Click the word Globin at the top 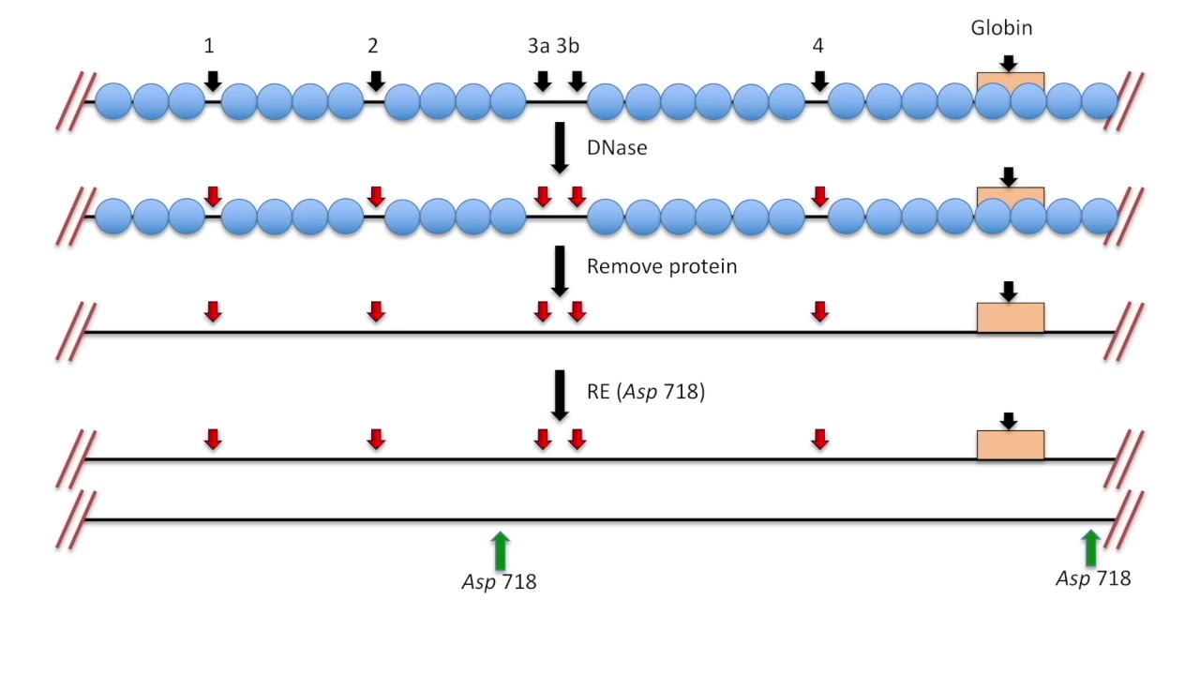1001,28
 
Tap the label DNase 617,148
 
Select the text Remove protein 662,266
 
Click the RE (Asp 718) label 646,393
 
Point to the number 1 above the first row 210,45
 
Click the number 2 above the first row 373,45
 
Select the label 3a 539,45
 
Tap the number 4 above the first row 818,45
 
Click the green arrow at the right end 1090,547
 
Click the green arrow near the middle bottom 500,549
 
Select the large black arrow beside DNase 560,147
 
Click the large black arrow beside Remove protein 560,271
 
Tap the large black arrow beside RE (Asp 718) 560,395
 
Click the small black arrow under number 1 213,81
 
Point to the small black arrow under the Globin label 1008,63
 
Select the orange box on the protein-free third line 1010,318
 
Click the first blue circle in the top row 113,101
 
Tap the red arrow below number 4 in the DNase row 820,196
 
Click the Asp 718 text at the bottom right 1093,578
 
